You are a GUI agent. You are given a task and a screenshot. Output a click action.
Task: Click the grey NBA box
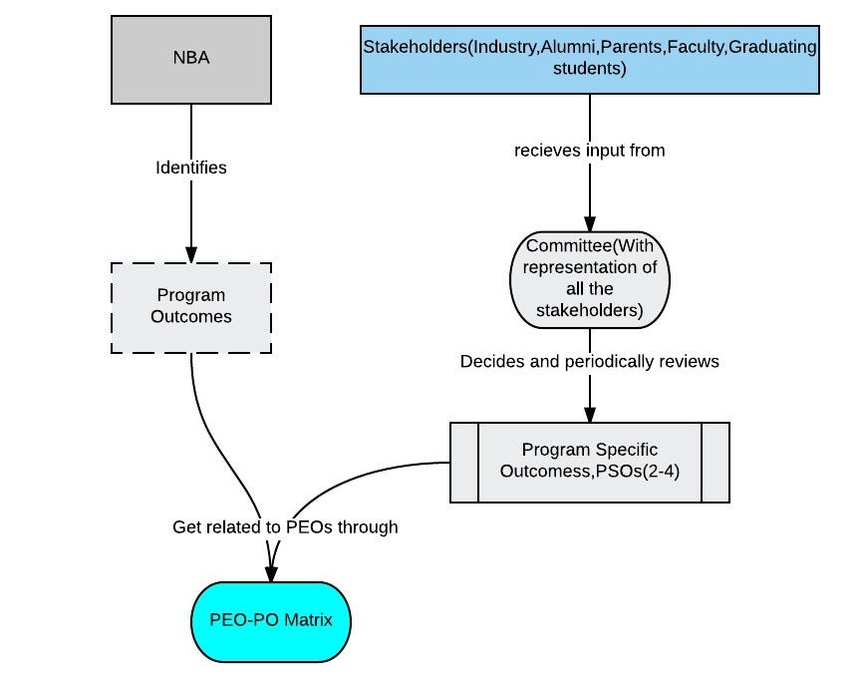(190, 60)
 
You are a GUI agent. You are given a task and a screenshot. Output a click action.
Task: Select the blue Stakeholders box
(589, 60)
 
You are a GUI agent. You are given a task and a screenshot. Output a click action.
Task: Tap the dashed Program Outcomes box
(190, 307)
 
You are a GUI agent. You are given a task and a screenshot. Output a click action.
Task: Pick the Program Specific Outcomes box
(589, 462)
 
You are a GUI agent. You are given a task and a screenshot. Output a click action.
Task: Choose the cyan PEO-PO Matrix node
(270, 621)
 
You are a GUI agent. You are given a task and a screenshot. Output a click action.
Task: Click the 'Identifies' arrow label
(190, 168)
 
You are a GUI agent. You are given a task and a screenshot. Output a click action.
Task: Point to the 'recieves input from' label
(589, 151)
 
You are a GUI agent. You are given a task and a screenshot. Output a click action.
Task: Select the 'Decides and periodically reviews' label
(589, 361)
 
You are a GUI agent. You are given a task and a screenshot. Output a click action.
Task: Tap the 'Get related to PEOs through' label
(285, 526)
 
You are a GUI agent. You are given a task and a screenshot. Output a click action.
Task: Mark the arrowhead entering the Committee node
(589, 223)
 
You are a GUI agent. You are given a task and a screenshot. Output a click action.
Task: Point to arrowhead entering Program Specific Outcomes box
(589, 414)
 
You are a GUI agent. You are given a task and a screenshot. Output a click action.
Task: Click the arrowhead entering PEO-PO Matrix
(270, 573)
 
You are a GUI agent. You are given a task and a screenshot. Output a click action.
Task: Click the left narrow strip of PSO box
(464, 462)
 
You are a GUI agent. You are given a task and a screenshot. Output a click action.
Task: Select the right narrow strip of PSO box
(715, 462)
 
